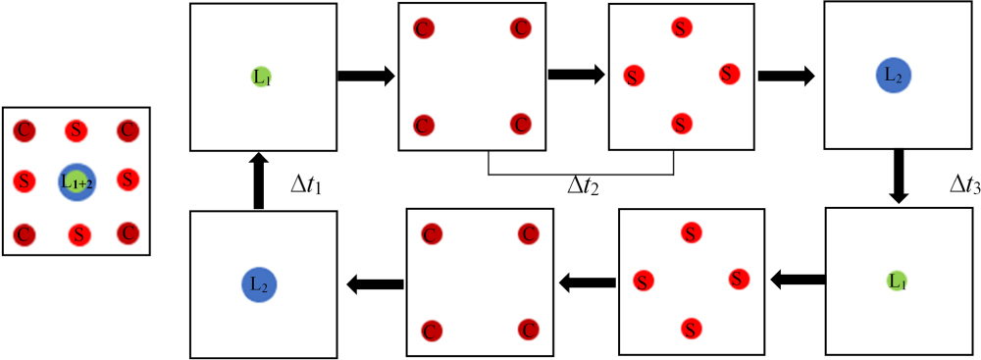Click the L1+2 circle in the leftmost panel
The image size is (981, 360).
77,180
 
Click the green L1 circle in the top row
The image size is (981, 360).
261,76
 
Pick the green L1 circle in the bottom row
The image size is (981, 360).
896,281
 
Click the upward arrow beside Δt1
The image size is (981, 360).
258,179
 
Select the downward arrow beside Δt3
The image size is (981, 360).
897,178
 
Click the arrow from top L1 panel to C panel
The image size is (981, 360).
365,76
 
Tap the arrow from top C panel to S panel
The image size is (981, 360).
576,75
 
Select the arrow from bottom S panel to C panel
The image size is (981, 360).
585,283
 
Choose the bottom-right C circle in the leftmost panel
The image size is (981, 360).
127,233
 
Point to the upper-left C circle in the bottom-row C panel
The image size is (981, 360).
430,234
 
